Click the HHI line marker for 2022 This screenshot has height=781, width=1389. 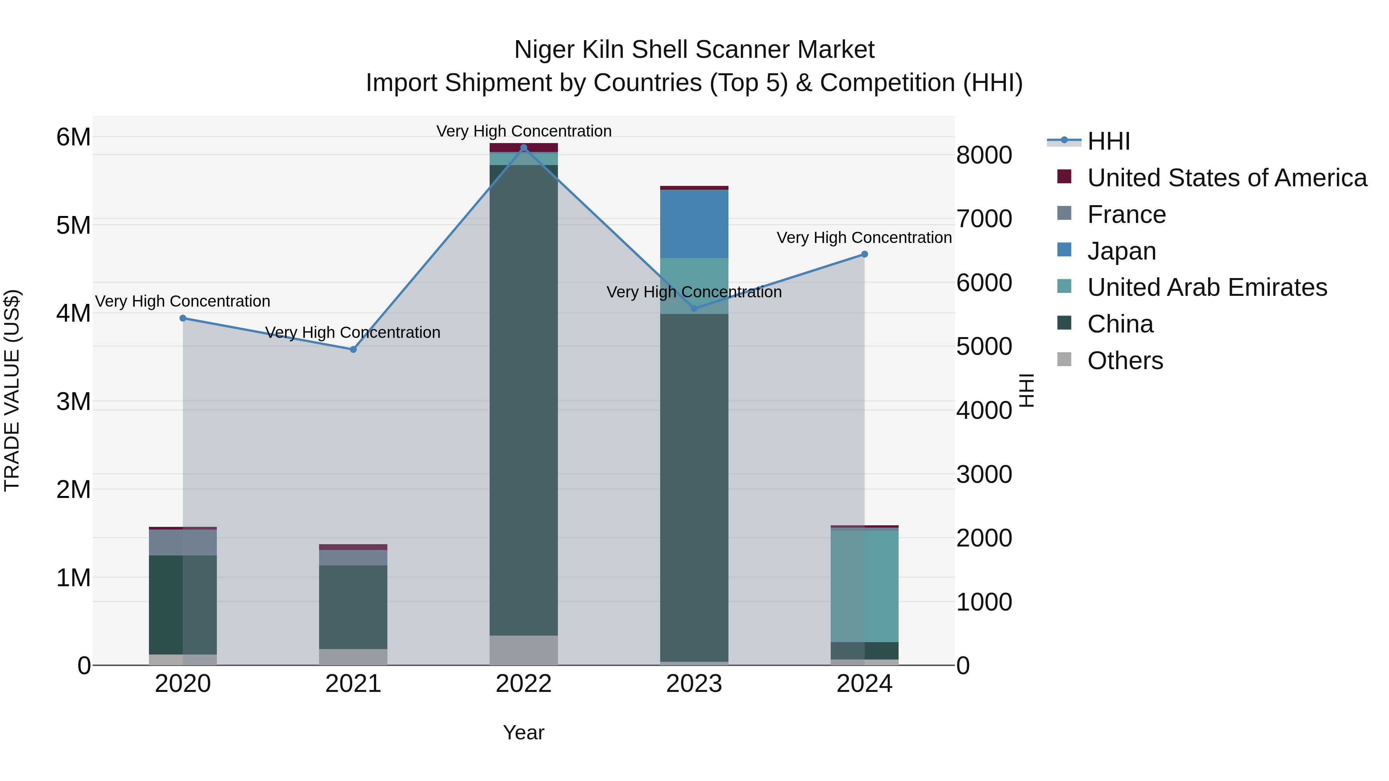(524, 148)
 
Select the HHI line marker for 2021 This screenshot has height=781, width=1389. (353, 349)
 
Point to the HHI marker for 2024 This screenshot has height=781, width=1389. (864, 254)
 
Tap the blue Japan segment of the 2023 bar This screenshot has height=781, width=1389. (694, 224)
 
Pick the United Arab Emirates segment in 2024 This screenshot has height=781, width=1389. (864, 586)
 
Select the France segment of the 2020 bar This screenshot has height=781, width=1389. (183, 542)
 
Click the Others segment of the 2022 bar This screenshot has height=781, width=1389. (524, 650)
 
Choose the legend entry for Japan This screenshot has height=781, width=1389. (1122, 251)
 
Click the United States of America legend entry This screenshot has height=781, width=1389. (1227, 178)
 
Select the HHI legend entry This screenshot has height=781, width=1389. (1108, 141)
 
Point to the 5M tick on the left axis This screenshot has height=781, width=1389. (74, 225)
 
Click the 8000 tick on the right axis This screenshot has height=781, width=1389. (984, 155)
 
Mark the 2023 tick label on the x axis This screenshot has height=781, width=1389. (694, 684)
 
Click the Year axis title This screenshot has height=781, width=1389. (524, 732)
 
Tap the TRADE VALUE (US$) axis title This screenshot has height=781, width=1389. (12, 390)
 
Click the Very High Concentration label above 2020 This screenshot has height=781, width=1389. (183, 301)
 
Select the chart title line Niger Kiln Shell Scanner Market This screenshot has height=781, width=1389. (694, 50)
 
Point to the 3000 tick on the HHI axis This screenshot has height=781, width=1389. (984, 474)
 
